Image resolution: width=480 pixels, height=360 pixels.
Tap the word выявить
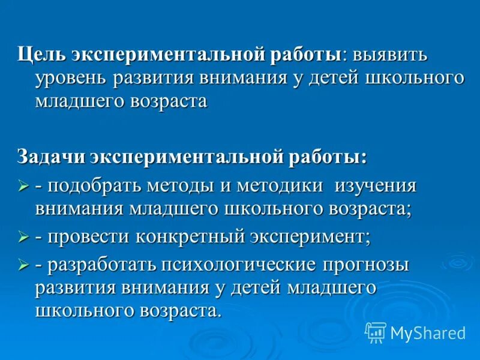[390, 56]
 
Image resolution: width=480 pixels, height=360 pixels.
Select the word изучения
[376, 185]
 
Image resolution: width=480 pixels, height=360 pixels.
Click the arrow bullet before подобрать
[24, 187]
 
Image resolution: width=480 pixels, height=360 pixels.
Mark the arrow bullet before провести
[24, 237]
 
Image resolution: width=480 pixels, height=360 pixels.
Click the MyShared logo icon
[376, 332]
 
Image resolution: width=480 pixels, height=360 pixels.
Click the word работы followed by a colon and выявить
[304, 56]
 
